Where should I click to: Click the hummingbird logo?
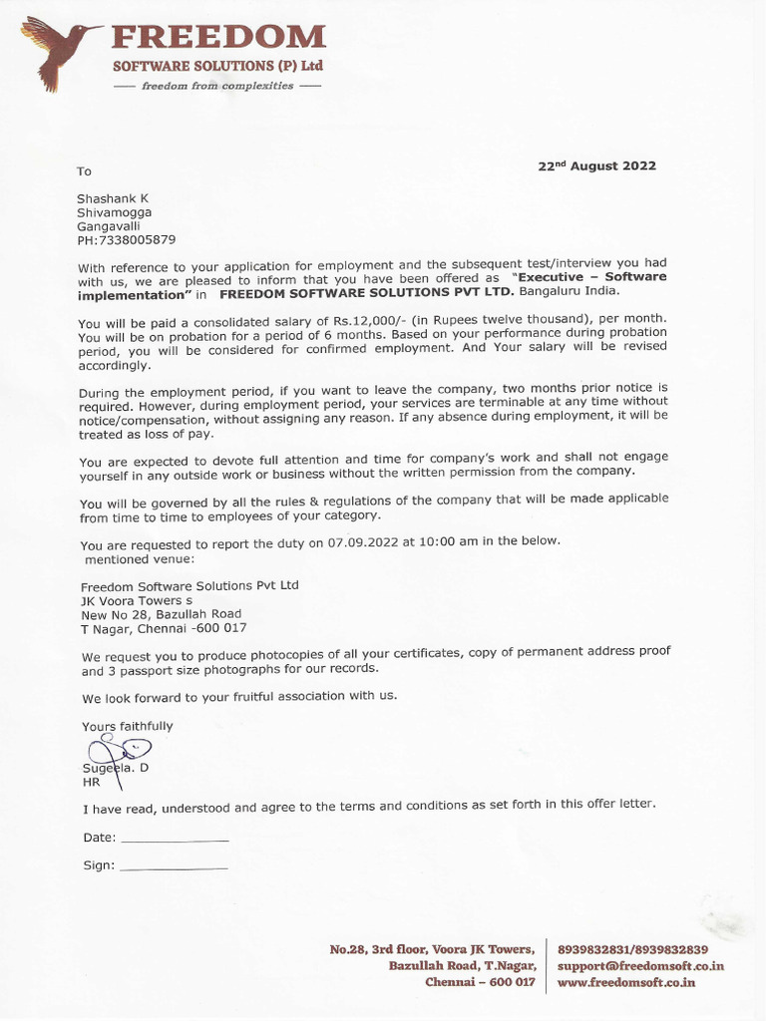pyautogui.click(x=58, y=52)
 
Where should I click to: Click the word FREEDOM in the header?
pyautogui.click(x=217, y=38)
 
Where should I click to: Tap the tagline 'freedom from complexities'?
pyautogui.click(x=217, y=86)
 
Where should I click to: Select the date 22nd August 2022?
pyautogui.click(x=596, y=167)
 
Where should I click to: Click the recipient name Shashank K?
pyautogui.click(x=113, y=198)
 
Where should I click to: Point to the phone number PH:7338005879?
pyautogui.click(x=127, y=240)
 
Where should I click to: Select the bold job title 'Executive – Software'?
pyautogui.click(x=588, y=276)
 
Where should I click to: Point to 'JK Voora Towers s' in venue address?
pyautogui.click(x=137, y=600)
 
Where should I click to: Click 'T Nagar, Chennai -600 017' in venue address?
pyautogui.click(x=164, y=628)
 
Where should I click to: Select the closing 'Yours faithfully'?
pyautogui.click(x=127, y=726)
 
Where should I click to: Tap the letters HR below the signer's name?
pyautogui.click(x=91, y=783)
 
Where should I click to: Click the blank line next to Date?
pyautogui.click(x=174, y=840)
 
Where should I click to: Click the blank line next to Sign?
pyautogui.click(x=173, y=867)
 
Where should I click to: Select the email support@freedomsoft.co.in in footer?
pyautogui.click(x=640, y=966)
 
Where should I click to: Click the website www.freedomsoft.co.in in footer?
pyautogui.click(x=626, y=982)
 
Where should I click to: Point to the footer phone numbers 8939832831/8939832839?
pyautogui.click(x=632, y=949)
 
